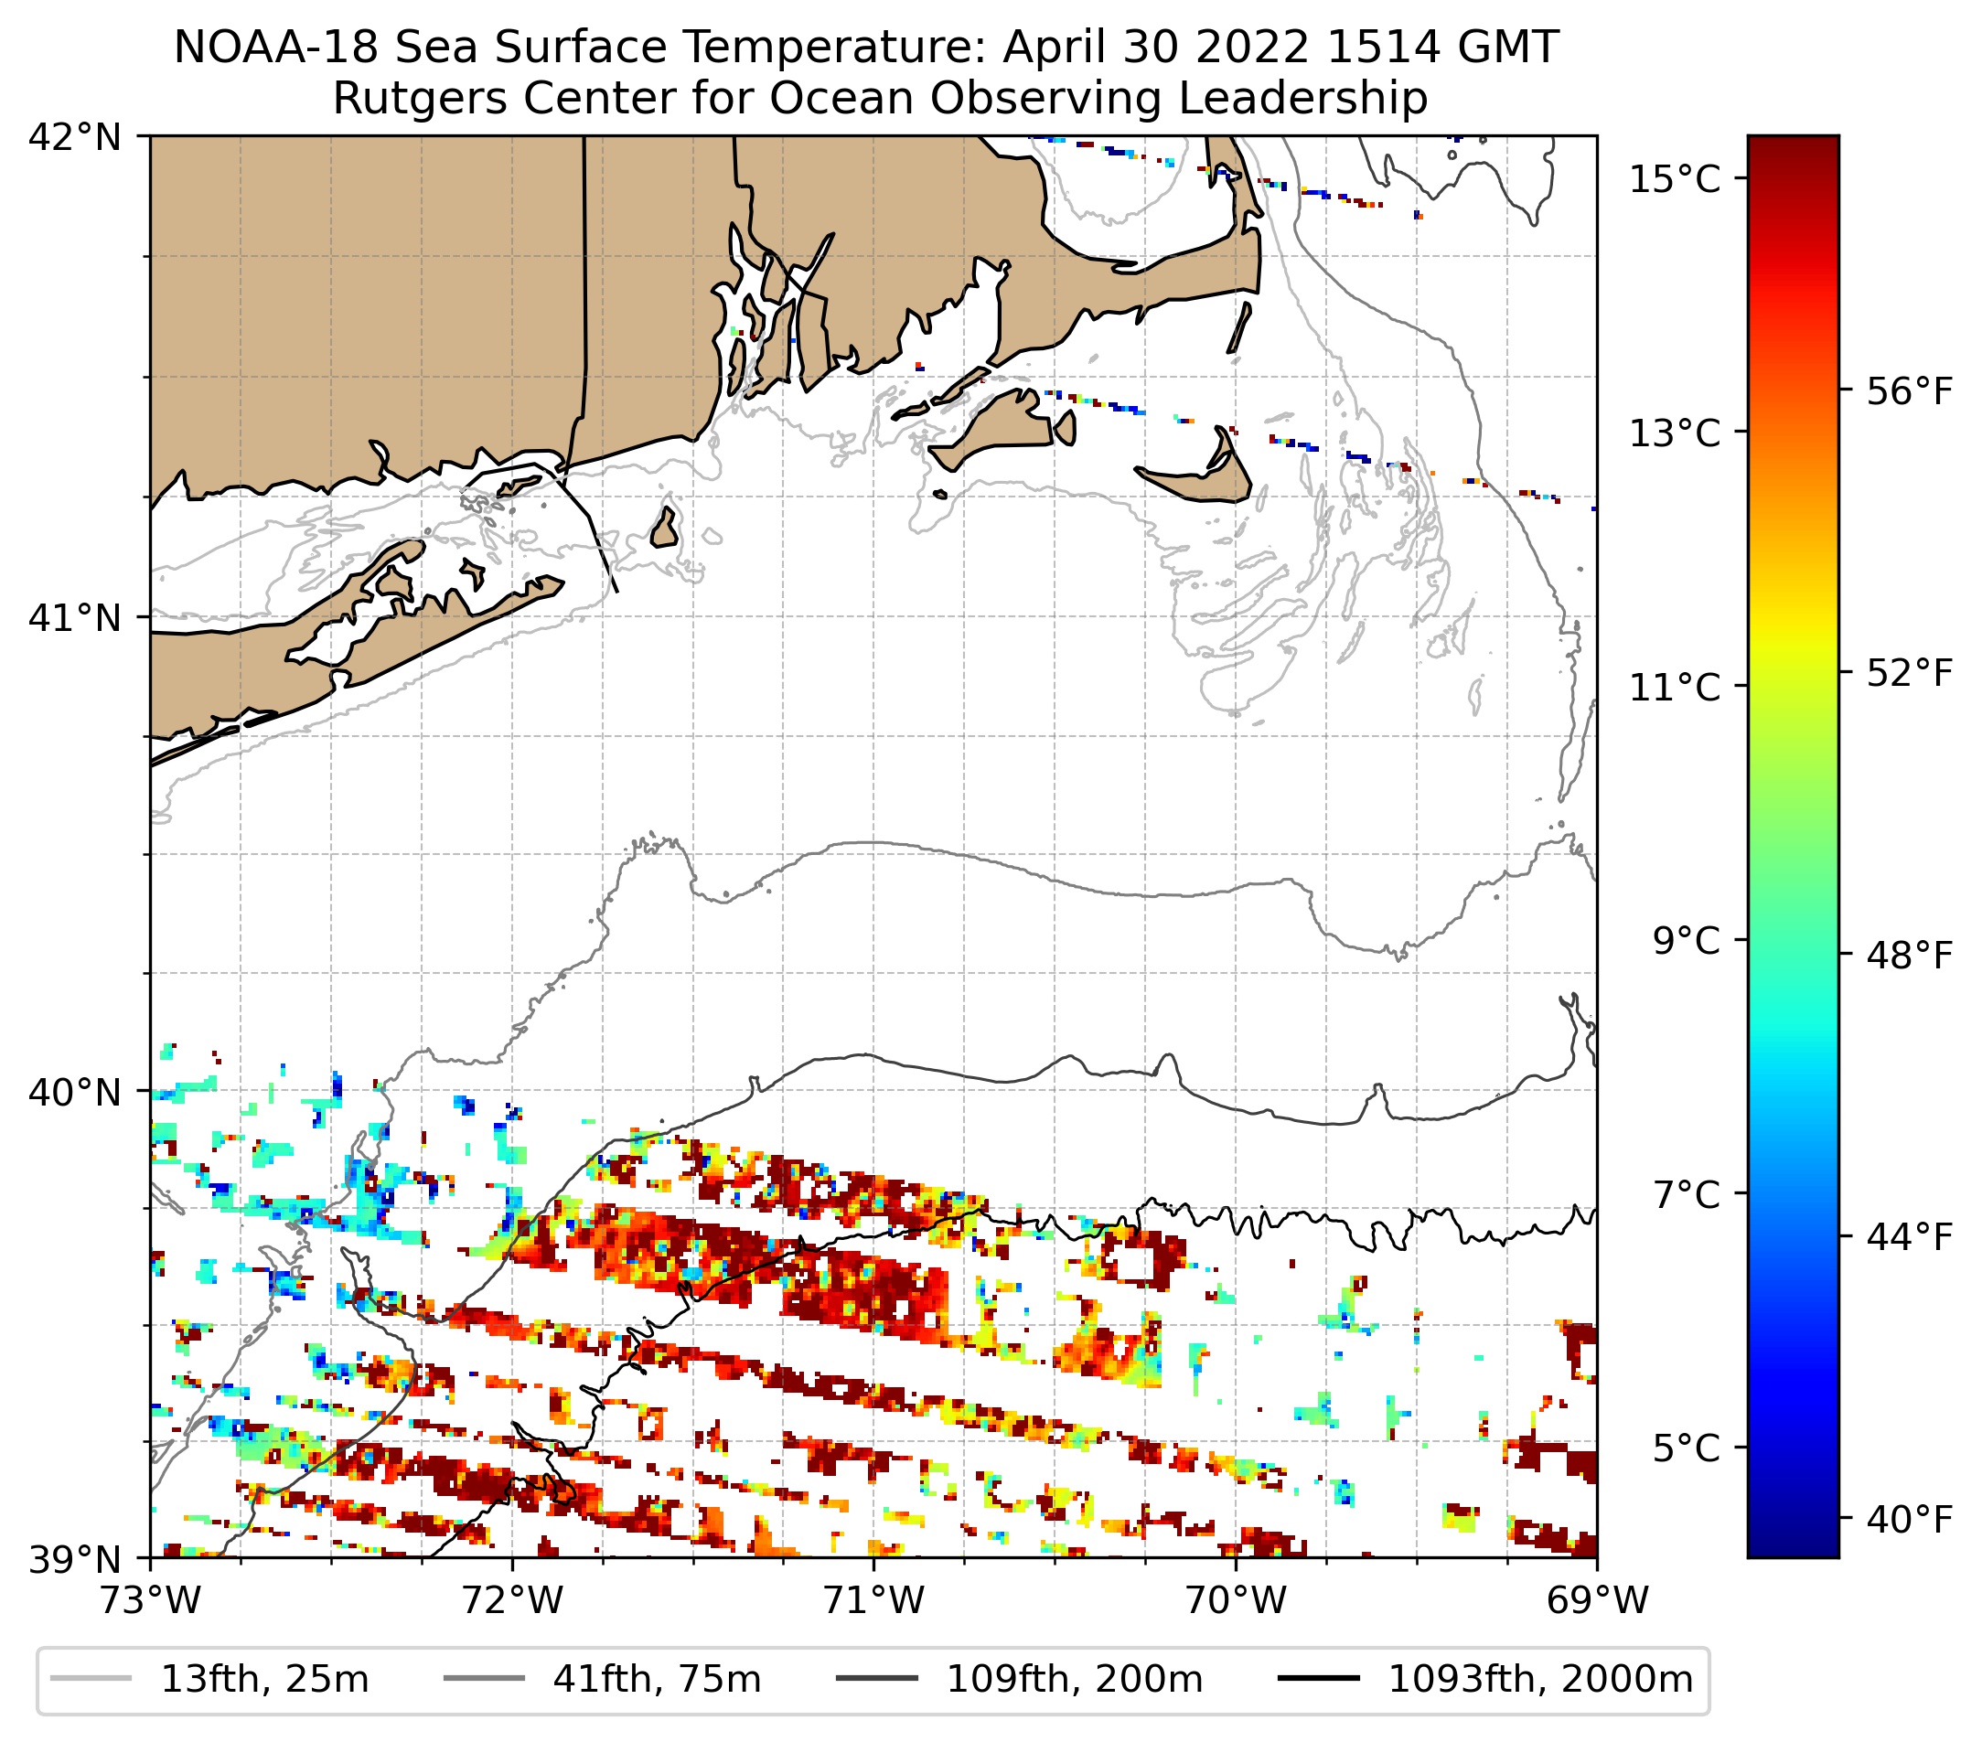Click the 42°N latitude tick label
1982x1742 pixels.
point(75,138)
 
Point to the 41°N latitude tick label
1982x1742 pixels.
point(75,617)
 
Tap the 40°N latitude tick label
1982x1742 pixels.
point(75,1093)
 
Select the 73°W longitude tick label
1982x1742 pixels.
point(150,1600)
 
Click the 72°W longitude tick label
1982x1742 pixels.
point(512,1600)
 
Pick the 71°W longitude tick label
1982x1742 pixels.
point(873,1600)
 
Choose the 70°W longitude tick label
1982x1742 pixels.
point(1237,1600)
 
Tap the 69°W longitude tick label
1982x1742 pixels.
point(1597,1600)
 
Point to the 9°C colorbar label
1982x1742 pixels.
point(1687,940)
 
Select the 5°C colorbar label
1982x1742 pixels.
point(1687,1448)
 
